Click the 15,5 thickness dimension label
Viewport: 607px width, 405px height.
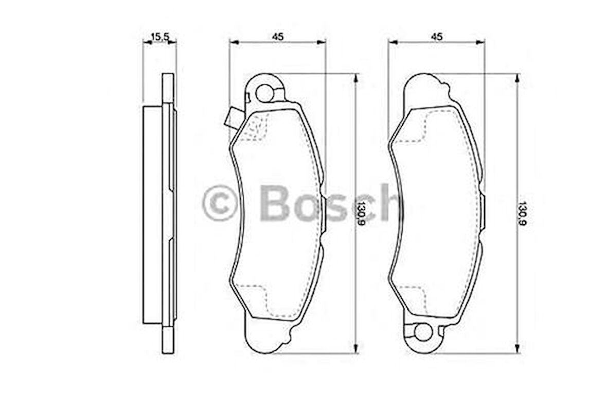[160, 37]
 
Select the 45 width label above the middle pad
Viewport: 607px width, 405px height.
[278, 37]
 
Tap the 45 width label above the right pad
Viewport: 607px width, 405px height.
[437, 37]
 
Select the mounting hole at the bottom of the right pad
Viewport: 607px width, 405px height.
[423, 332]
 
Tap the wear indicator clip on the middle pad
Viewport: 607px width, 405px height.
[230, 118]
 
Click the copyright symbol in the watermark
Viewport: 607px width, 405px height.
[220, 203]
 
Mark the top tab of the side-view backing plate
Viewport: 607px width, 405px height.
[168, 88]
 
